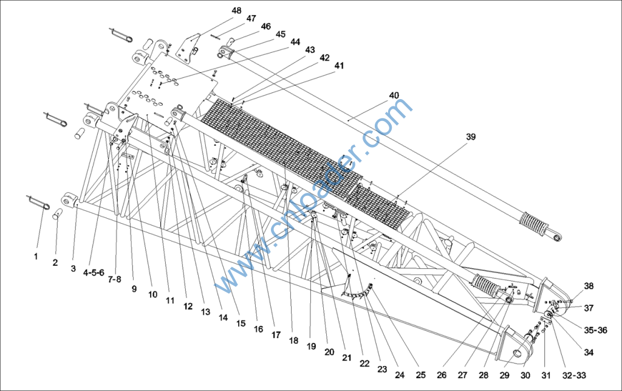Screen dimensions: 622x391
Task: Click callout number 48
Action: (x=236, y=10)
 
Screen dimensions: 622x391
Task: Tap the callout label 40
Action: (x=394, y=95)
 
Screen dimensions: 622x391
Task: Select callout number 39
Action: (x=471, y=137)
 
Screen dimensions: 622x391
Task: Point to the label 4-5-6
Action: (x=94, y=272)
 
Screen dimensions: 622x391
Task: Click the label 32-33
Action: (x=574, y=375)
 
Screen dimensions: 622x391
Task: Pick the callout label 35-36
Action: (x=595, y=330)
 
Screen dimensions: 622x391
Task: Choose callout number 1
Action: (x=36, y=257)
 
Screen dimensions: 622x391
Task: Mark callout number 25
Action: (x=420, y=375)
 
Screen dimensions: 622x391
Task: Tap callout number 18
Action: (x=293, y=340)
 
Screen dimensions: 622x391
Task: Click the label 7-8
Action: (x=114, y=280)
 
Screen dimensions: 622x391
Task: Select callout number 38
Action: (x=589, y=286)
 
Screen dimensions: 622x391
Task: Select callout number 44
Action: (x=295, y=42)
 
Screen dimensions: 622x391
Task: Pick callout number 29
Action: (x=504, y=375)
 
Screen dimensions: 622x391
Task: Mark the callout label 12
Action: (x=188, y=306)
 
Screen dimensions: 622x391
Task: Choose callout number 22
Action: (x=364, y=363)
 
